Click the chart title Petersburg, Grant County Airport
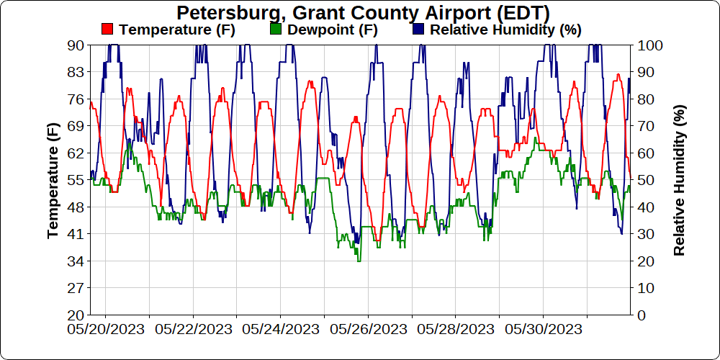click(x=363, y=13)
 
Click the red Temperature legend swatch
click(x=108, y=30)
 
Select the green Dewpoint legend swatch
click(x=276, y=30)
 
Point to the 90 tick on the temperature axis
click(x=76, y=45)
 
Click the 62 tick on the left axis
click(x=76, y=153)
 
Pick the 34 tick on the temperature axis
click(x=76, y=261)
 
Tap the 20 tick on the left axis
click(x=76, y=315)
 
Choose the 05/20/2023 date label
click(x=106, y=329)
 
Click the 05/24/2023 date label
click(x=281, y=329)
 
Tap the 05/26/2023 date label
click(x=368, y=329)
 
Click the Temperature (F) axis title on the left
click(x=53, y=180)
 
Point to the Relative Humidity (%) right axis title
click(x=679, y=180)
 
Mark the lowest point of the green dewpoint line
click(x=359, y=261)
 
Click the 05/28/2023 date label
click(x=455, y=329)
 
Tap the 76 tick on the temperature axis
click(x=76, y=99)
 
